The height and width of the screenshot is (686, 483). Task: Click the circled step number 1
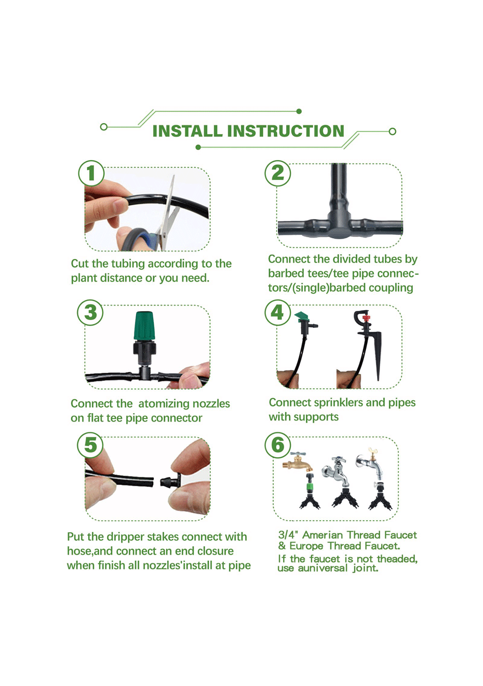pos(91,173)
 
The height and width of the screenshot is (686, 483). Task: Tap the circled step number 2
pos(278,173)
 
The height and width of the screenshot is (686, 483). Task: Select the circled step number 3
pos(90,312)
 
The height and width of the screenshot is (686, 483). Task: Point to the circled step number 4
pos(278,312)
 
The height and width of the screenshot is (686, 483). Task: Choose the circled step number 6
pos(278,445)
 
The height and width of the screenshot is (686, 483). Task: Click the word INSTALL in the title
pos(187,131)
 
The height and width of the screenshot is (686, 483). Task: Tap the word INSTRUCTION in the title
pos(286,131)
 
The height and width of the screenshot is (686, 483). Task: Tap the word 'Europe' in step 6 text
pos(307,546)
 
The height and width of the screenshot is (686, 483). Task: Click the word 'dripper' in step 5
pos(123,537)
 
